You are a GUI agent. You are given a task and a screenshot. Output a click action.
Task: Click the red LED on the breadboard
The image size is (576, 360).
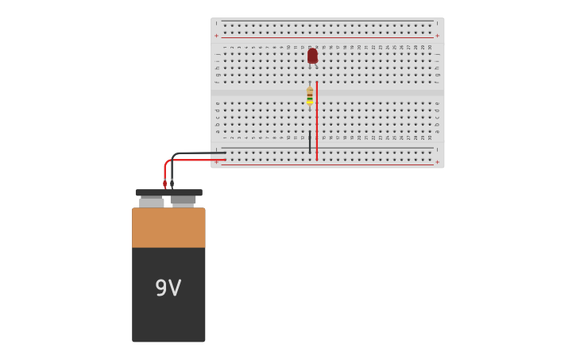click(312, 56)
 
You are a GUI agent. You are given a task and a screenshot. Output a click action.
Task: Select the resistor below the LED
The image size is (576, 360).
click(310, 95)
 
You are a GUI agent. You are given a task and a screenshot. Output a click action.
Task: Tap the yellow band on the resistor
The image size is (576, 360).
click(310, 101)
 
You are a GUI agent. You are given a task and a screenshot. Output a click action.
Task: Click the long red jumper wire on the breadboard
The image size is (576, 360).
click(317, 119)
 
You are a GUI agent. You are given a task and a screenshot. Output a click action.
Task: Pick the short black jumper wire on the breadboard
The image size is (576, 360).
click(310, 141)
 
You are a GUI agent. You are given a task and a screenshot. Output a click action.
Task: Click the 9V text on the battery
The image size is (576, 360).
click(168, 288)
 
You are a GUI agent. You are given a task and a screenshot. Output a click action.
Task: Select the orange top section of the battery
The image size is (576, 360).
click(168, 227)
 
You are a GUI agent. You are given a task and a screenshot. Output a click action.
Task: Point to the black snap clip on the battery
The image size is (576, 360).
click(168, 192)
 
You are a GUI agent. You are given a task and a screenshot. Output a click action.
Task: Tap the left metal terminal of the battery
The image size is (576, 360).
click(152, 202)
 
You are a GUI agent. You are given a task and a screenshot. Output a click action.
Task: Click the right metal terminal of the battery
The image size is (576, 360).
click(183, 201)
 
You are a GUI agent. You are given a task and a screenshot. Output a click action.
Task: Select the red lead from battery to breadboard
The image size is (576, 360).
click(191, 160)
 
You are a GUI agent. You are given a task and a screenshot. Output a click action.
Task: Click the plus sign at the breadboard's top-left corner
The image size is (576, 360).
click(216, 36)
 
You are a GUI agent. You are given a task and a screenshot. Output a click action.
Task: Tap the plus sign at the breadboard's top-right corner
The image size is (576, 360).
click(437, 36)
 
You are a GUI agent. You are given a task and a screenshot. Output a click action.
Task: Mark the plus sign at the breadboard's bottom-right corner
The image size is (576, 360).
click(437, 162)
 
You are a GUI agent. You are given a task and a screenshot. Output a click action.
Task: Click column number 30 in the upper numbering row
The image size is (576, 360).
click(430, 47)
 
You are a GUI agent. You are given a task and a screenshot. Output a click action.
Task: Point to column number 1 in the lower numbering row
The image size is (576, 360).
click(225, 137)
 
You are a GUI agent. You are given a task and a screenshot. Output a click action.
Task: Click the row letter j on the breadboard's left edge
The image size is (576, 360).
click(217, 54)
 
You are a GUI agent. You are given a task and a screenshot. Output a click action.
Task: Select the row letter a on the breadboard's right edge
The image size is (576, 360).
click(437, 131)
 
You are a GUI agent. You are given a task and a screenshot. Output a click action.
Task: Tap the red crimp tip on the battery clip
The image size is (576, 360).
click(165, 184)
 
